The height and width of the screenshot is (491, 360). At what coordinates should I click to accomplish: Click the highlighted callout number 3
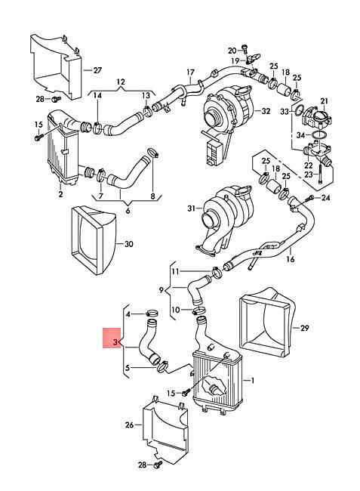[x=115, y=342]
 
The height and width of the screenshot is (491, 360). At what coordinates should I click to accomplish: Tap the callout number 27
[x=97, y=69]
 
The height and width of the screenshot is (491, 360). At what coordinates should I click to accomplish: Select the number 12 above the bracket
[x=121, y=82]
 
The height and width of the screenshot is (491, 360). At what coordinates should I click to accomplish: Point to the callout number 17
[x=190, y=73]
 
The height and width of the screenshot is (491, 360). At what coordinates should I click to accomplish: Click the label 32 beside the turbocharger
[x=266, y=111]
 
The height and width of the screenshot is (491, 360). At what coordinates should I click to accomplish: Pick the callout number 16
[x=291, y=259]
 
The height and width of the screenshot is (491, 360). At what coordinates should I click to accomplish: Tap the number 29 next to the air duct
[x=304, y=328]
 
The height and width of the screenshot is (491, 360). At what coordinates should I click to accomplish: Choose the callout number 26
[x=129, y=425]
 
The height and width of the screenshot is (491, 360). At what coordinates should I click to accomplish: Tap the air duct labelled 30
[x=93, y=239]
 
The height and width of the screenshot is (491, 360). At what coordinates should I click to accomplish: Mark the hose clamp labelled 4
[x=152, y=313]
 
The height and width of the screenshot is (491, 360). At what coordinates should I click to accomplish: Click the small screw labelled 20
[x=245, y=48]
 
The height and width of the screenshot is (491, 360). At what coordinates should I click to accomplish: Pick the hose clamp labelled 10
[x=198, y=310]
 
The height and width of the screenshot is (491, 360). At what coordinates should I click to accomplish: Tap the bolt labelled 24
[x=311, y=198]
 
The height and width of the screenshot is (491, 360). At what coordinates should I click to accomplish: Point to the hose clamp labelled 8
[x=153, y=152]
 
